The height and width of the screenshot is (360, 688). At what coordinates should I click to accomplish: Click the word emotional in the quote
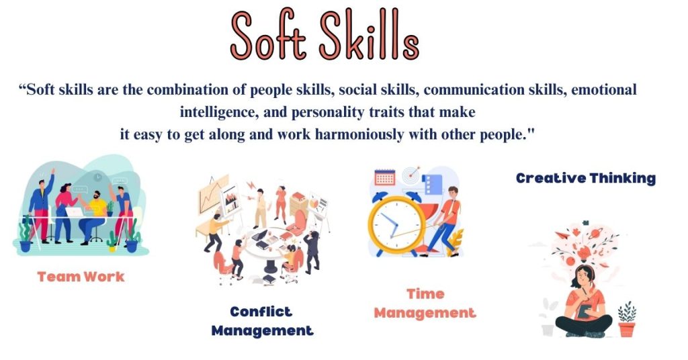tap(604, 90)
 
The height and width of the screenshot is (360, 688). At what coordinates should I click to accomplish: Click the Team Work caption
tap(81, 277)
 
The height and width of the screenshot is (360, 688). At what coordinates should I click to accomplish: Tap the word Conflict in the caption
tap(261, 312)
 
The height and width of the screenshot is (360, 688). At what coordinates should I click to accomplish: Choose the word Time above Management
tap(425, 294)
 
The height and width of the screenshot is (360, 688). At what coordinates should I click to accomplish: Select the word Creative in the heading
tap(551, 178)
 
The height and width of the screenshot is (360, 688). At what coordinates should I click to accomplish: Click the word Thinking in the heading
tap(623, 179)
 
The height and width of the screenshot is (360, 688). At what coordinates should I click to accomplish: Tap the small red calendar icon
tap(385, 177)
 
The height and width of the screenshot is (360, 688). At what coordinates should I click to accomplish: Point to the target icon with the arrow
tap(411, 175)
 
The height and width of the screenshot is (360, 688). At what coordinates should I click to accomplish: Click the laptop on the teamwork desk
tap(74, 212)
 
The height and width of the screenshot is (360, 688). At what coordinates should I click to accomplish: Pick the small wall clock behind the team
tap(97, 177)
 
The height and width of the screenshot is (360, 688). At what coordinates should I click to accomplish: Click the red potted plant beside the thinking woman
tap(627, 319)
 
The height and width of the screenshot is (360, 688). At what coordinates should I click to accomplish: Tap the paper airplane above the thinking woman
tap(562, 235)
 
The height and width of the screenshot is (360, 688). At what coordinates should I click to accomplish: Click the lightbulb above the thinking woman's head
tap(584, 253)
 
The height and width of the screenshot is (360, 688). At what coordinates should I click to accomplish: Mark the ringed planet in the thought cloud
tap(595, 234)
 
